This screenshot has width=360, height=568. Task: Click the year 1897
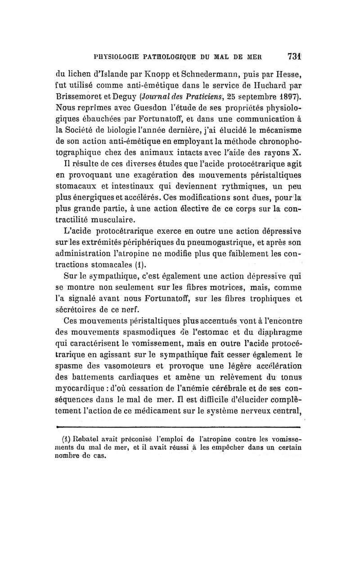(288, 97)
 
